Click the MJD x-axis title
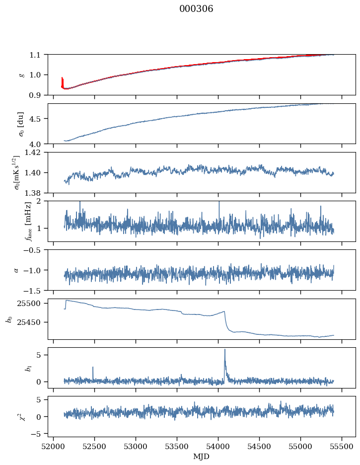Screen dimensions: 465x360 point(202,457)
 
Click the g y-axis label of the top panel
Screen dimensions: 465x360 point(21,75)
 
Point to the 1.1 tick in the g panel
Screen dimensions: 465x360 point(38,55)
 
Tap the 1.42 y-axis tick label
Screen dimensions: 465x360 point(36,153)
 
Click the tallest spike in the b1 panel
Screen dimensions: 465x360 point(225,350)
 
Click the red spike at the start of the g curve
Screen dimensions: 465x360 point(62,81)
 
